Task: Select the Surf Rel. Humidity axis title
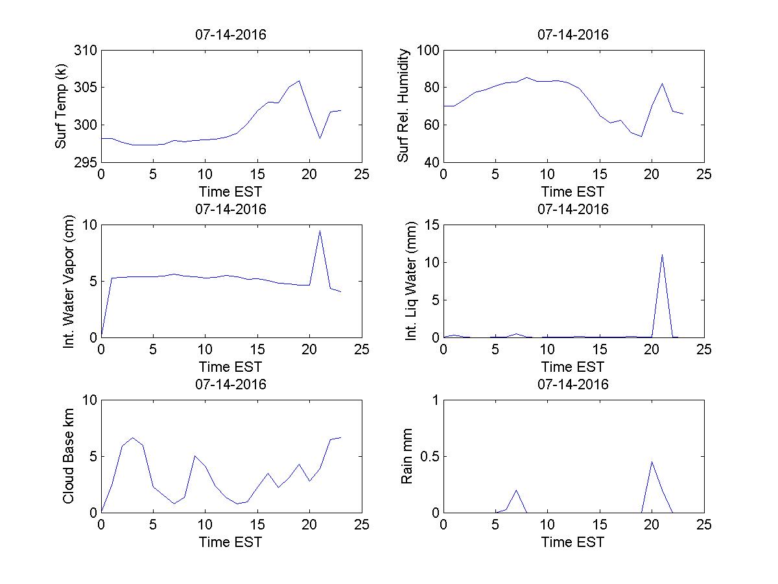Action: click(404, 106)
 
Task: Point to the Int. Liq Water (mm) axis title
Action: click(411, 281)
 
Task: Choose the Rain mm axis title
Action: click(407, 456)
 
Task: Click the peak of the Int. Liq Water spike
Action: click(662, 254)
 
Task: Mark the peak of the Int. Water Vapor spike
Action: click(320, 230)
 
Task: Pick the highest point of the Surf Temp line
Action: click(299, 81)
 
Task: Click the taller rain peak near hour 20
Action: click(652, 461)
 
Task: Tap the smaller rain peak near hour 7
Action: click(516, 490)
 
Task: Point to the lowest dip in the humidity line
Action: click(641, 136)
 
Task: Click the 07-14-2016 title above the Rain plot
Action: click(573, 384)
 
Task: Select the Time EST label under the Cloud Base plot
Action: click(231, 542)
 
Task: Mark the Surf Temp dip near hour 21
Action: click(320, 138)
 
